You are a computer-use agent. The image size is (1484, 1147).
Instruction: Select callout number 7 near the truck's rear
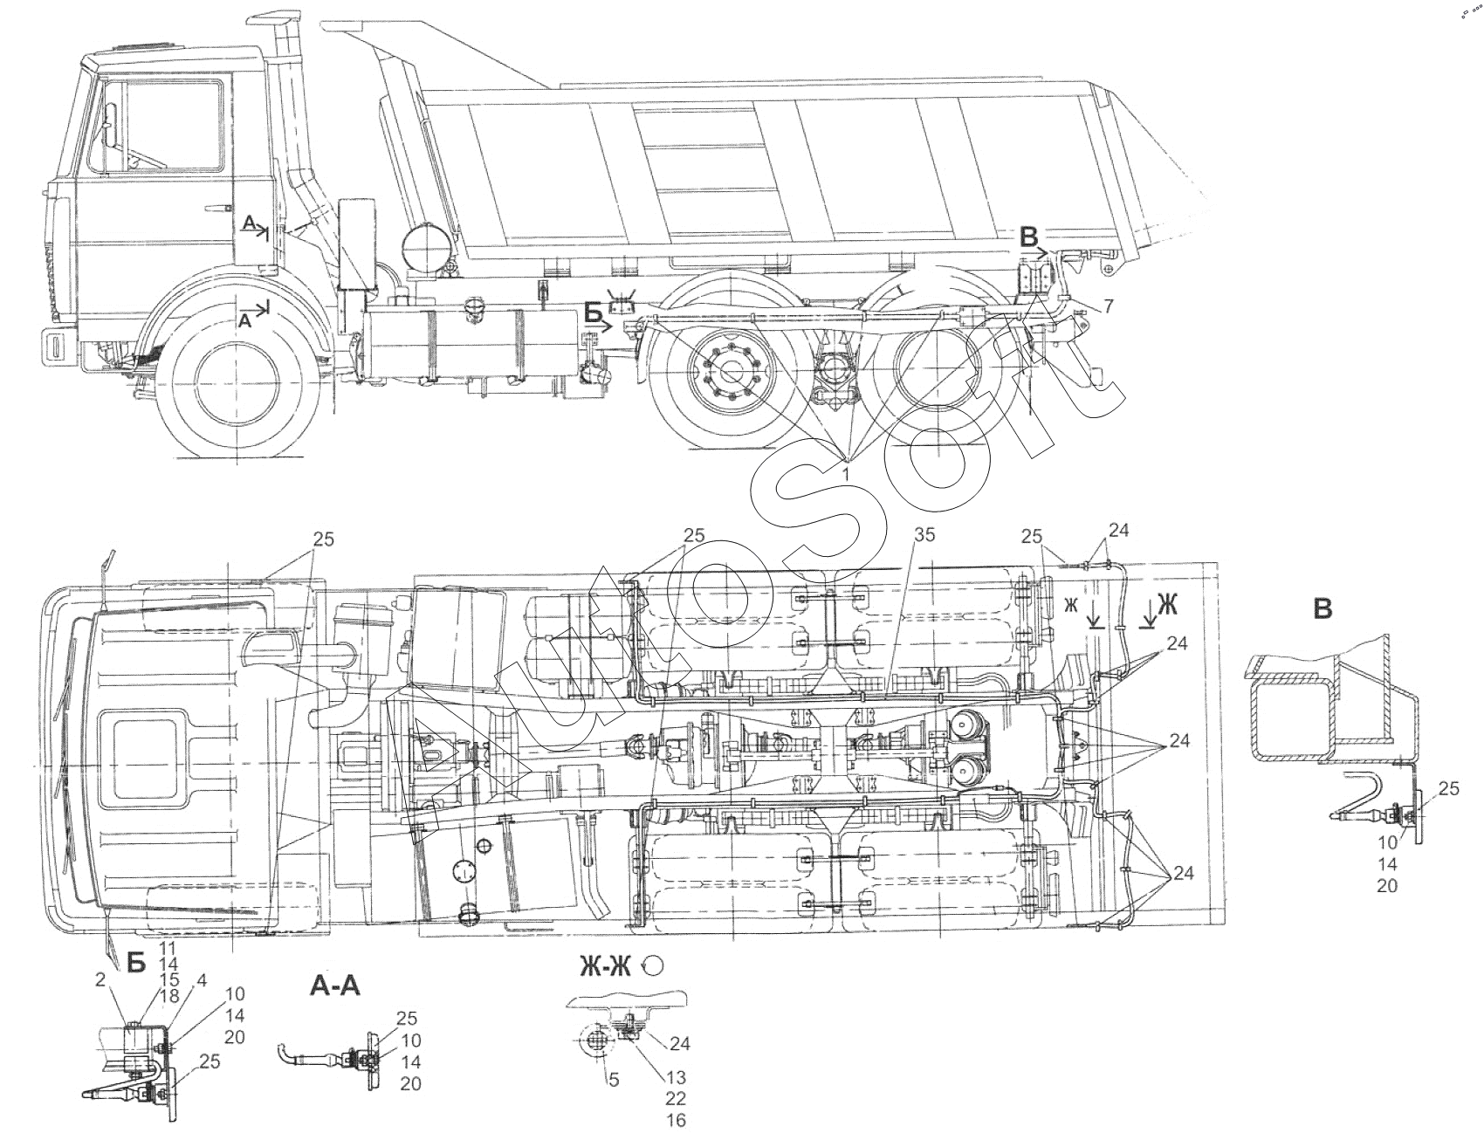1108,306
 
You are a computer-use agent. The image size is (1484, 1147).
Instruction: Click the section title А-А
334,986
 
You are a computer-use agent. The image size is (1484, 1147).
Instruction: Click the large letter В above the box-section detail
1323,608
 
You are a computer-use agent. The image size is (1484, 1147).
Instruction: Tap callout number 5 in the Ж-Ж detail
613,1079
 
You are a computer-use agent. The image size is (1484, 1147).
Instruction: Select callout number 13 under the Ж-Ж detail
675,1079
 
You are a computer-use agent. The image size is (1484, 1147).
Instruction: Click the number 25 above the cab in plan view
324,539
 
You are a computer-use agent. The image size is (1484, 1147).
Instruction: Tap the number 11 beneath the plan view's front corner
168,946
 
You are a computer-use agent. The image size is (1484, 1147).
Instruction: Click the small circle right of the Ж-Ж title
653,965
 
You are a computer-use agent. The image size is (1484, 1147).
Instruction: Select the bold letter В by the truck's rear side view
1031,235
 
